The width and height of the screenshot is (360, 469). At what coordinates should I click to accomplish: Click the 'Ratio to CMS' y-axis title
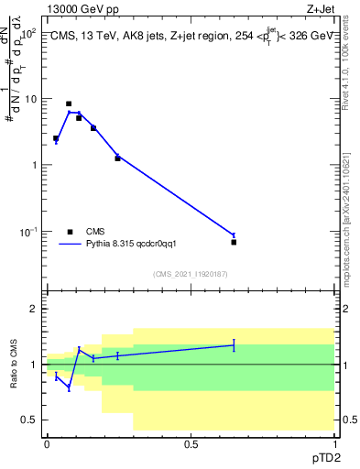click(15, 364)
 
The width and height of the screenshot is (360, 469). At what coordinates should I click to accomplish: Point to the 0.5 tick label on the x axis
click(191, 443)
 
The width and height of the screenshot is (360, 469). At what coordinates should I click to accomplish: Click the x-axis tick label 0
click(47, 443)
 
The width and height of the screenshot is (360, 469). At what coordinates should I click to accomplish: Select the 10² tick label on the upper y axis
click(28, 33)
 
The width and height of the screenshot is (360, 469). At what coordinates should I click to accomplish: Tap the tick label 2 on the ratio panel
click(34, 309)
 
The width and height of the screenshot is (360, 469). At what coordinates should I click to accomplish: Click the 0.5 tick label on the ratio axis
click(29, 420)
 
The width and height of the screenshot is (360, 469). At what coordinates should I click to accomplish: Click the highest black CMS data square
click(69, 104)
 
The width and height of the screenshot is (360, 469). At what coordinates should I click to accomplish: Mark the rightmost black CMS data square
click(234, 242)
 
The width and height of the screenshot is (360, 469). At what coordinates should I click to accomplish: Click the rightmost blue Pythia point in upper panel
click(234, 235)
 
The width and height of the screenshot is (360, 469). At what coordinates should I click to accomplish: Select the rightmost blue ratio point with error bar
click(234, 345)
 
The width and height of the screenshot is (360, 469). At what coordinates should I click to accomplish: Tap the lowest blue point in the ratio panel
click(69, 387)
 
